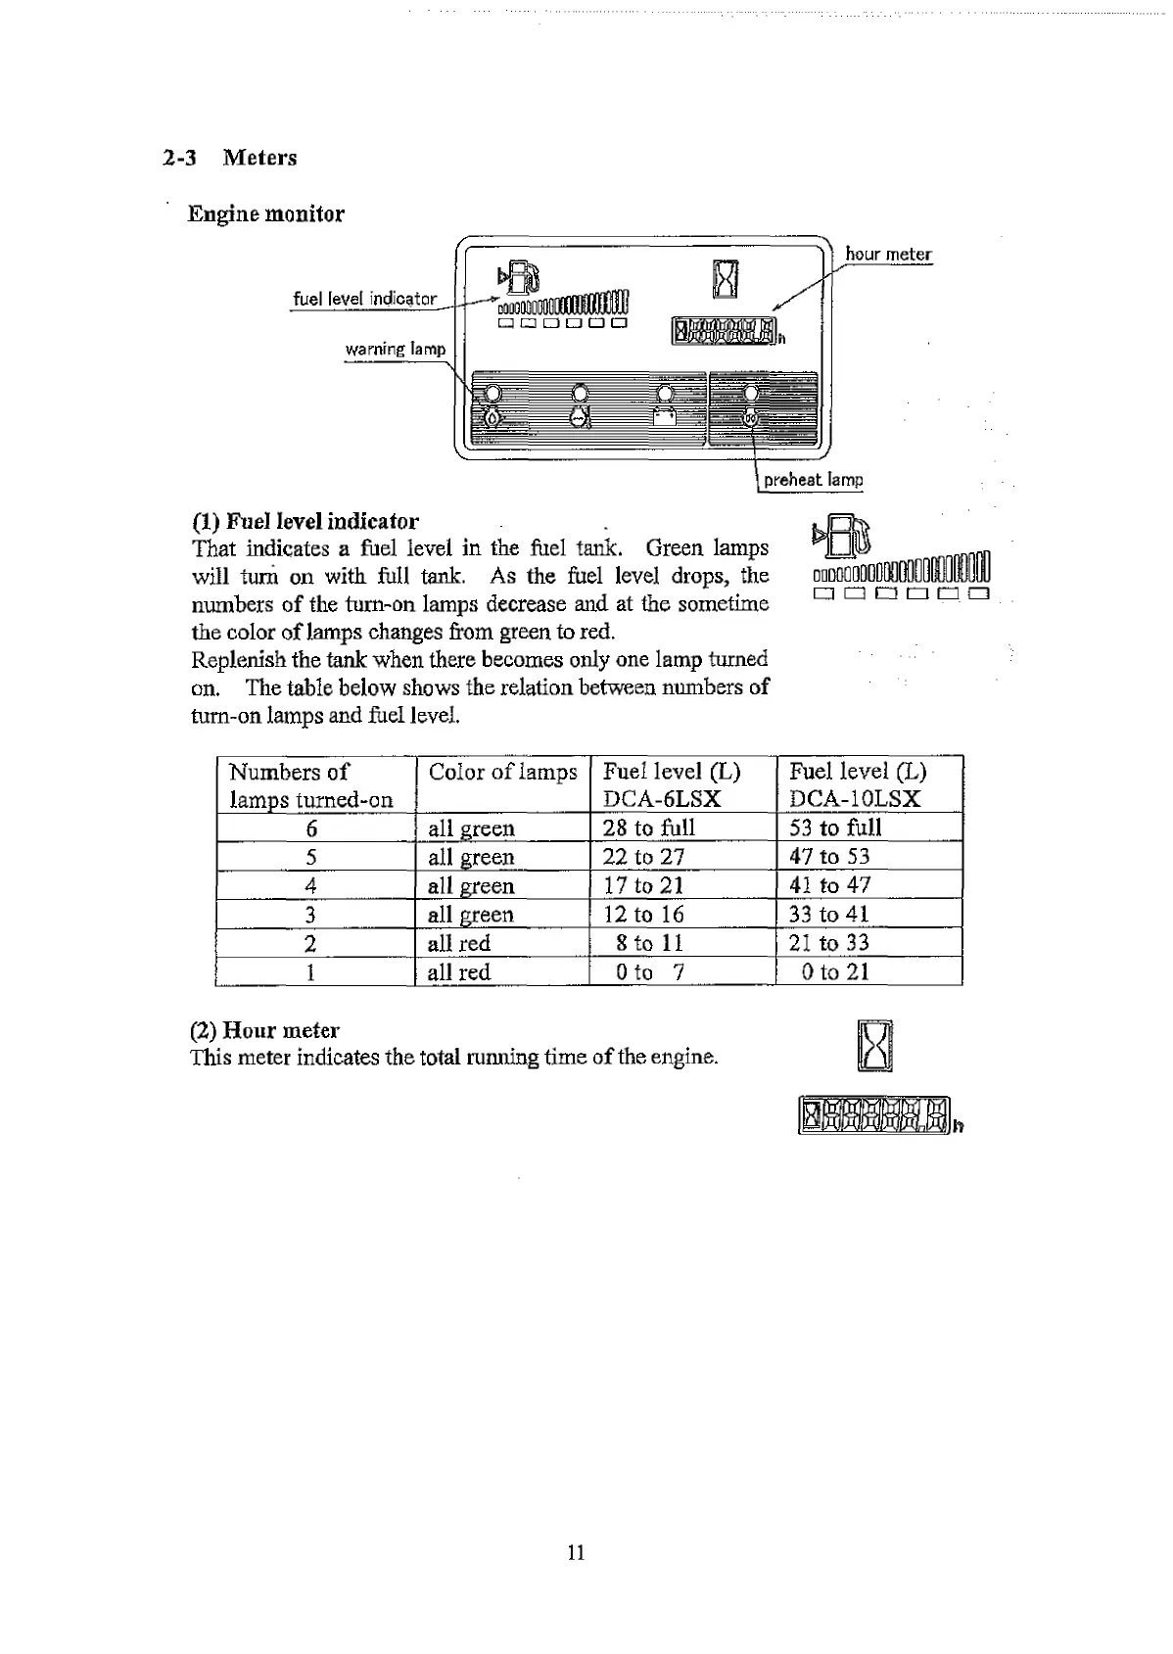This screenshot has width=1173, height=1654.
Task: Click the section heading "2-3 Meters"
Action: [x=230, y=158]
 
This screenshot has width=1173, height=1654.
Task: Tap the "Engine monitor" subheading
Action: [x=265, y=214]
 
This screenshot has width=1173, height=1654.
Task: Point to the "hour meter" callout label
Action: [x=888, y=255]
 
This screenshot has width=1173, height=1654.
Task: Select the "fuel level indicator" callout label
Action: [x=364, y=299]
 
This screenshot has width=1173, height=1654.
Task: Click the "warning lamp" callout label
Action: [x=395, y=350]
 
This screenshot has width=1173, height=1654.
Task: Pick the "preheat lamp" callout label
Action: [x=813, y=480]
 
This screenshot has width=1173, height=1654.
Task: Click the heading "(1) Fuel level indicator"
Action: [x=305, y=521]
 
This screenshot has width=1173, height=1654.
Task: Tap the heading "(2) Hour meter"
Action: [x=264, y=1030]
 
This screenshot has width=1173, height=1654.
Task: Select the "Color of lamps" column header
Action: [x=502, y=772]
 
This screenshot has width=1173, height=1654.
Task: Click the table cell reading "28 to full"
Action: [x=648, y=827]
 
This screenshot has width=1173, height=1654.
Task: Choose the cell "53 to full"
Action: [x=835, y=827]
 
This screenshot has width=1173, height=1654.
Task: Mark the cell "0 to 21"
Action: [x=834, y=971]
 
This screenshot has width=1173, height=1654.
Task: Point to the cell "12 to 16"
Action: [x=643, y=915]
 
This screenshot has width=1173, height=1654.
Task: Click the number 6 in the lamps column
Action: [x=311, y=828]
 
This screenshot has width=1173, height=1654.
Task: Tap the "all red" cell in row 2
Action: [x=458, y=943]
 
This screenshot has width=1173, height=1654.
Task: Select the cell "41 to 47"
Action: [x=829, y=885]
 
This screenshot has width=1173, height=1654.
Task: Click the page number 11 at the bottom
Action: [x=576, y=1552]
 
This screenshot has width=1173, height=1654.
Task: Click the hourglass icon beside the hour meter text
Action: [x=874, y=1047]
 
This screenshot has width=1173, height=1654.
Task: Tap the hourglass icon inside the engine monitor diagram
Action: [x=725, y=278]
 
